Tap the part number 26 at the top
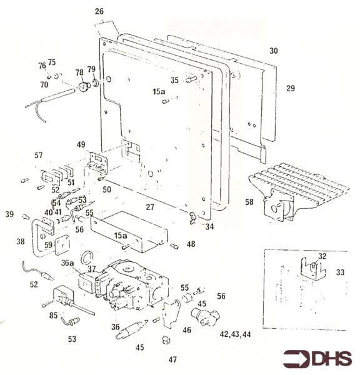[x=99, y=11]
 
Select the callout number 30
[x=274, y=51]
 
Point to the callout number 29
[x=291, y=88]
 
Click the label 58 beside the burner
[x=249, y=202]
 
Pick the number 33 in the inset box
[x=340, y=272]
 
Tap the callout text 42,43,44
[x=235, y=334]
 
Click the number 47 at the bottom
[x=172, y=359]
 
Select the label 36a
[x=67, y=263]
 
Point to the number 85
[x=53, y=315]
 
